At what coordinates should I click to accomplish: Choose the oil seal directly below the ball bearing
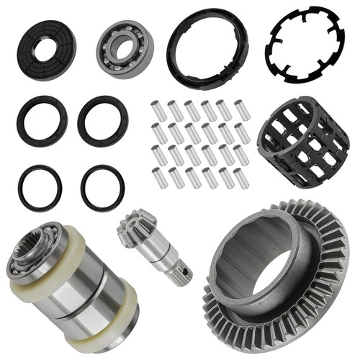pos(102,120)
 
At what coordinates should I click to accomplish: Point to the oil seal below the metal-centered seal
pos(42,120)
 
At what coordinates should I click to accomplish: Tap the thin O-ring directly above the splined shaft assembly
pos(40,187)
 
